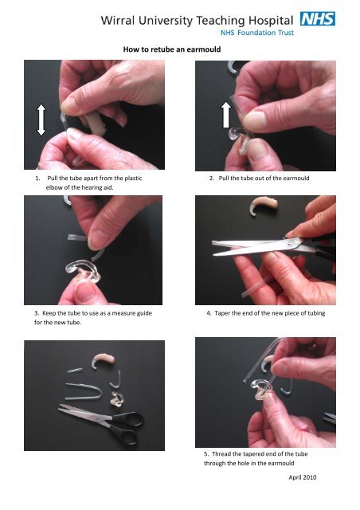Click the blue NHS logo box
[316, 18]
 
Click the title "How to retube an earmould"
[172, 49]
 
